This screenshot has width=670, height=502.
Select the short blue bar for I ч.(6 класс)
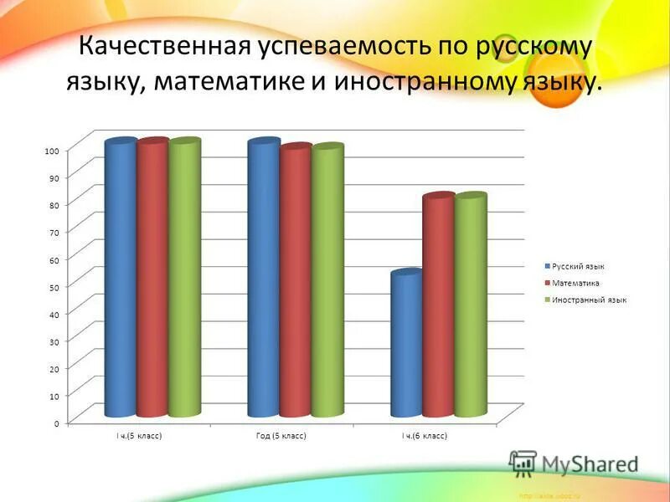coord(407,345)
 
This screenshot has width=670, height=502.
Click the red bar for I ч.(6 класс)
coord(439,306)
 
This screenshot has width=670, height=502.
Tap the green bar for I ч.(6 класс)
coord(471,306)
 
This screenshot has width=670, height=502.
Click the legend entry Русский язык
coord(578,266)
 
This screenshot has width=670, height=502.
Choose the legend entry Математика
coord(575,283)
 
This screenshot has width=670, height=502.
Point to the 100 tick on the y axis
coord(52,151)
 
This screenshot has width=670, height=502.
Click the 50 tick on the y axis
coord(54,287)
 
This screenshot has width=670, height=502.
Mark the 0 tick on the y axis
coord(56,423)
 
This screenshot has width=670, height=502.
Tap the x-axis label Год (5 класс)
coord(281,437)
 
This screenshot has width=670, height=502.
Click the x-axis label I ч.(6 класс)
coord(425,437)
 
